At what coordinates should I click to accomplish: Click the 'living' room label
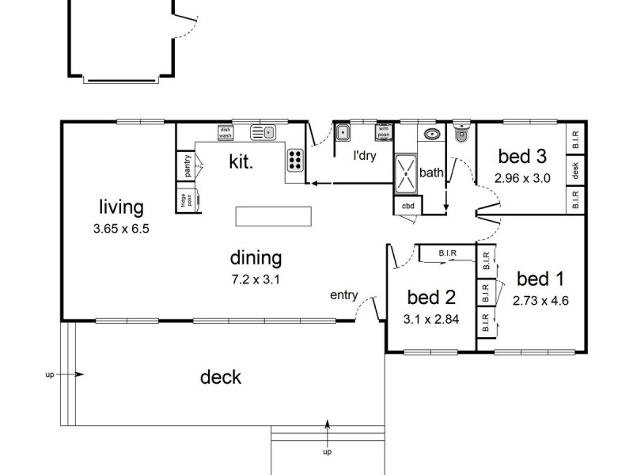click(x=121, y=207)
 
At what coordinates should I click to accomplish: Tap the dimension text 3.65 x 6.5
click(x=121, y=228)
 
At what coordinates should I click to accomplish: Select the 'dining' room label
click(x=256, y=257)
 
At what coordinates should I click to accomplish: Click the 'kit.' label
click(x=241, y=163)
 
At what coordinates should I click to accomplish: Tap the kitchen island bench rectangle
click(x=273, y=216)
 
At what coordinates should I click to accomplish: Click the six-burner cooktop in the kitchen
click(x=294, y=160)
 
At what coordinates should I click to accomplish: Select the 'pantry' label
click(x=188, y=166)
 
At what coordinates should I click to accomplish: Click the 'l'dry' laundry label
click(x=365, y=156)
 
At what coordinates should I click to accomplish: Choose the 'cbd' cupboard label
click(x=408, y=206)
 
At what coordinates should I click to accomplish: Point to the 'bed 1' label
click(x=540, y=279)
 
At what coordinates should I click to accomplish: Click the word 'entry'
click(x=344, y=295)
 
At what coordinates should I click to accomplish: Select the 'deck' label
click(x=221, y=377)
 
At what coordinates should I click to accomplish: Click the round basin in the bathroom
click(x=432, y=134)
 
